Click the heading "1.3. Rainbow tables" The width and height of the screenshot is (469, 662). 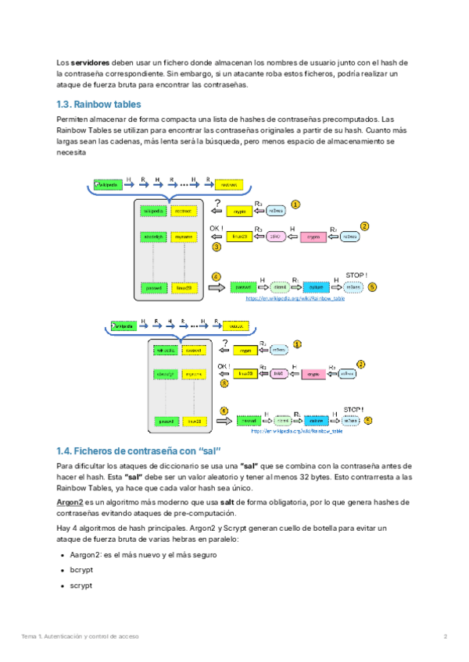click(98, 104)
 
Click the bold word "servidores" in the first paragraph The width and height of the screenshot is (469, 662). click(91, 62)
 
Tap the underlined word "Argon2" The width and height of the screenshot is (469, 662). click(70, 503)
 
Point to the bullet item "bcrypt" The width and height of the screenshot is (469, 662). click(81, 570)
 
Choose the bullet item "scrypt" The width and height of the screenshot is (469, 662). click(81, 585)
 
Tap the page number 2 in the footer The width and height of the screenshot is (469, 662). click(445, 636)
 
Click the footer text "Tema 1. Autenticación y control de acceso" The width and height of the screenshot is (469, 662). click(81, 636)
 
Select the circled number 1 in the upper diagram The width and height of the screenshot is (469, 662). click(295, 204)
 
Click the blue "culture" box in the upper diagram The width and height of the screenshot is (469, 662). click(314, 287)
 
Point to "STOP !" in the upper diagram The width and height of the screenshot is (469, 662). click(356, 276)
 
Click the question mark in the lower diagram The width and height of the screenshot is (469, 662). click(224, 343)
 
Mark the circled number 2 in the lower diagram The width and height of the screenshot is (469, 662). click(360, 364)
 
